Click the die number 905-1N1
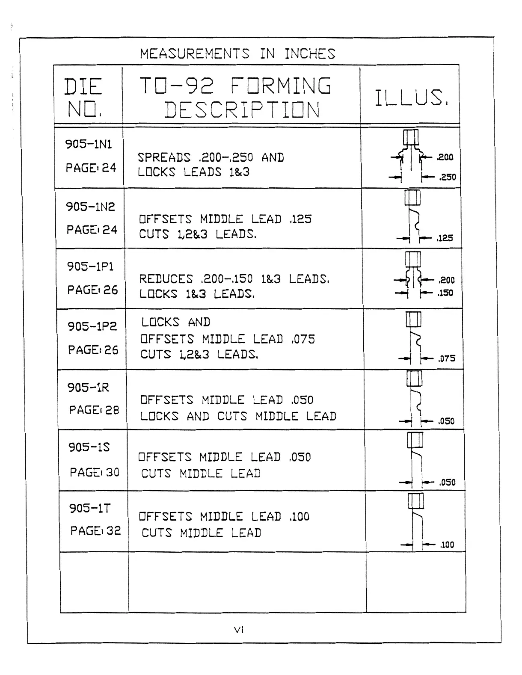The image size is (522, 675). point(89,144)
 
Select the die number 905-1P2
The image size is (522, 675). point(92,326)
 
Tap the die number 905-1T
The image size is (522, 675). point(90,508)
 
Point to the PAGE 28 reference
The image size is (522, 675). point(94,410)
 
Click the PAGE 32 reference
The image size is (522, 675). point(95,531)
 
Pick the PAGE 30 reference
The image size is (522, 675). point(95,472)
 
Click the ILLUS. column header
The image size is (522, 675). point(411,98)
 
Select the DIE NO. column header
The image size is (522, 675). point(83,98)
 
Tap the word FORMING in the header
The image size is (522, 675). point(281,86)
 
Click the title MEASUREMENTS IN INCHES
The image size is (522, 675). point(237,54)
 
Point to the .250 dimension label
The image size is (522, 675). point(448,177)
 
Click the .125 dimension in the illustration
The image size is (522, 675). point(445,238)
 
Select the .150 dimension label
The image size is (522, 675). point(445,293)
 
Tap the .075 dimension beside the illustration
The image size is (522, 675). point(447,358)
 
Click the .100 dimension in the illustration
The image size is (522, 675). point(447,545)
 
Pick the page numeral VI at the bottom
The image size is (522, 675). point(239,630)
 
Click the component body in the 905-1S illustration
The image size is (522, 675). point(415,440)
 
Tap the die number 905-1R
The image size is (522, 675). point(88,388)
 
